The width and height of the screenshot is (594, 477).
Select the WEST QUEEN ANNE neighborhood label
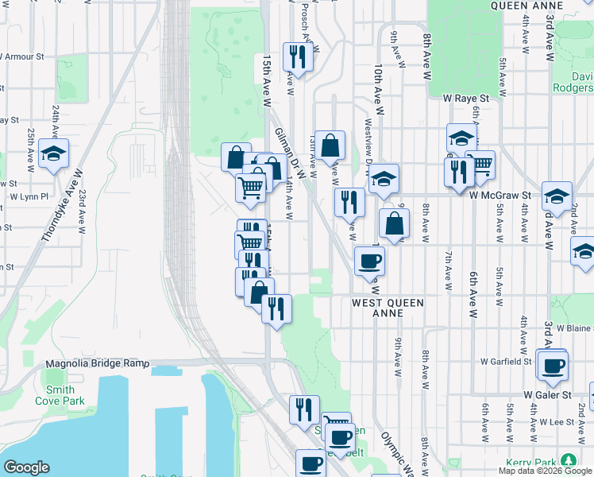pyautogui.click(x=388, y=308)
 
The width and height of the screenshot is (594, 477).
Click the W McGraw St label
pyautogui.click(x=499, y=195)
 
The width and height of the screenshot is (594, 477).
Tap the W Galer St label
pyautogui.click(x=547, y=394)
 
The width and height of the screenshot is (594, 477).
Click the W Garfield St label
pyautogui.click(x=505, y=361)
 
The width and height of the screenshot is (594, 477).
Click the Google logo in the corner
pyautogui.click(x=26, y=467)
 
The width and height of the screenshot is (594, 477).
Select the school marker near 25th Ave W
pyautogui.click(x=53, y=153)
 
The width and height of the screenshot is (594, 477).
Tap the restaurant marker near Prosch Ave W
pyautogui.click(x=298, y=56)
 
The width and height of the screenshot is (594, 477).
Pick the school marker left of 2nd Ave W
pyautogui.click(x=557, y=196)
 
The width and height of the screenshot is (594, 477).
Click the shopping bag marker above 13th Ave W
pyautogui.click(x=330, y=145)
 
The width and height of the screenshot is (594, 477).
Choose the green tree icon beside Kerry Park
pyautogui.click(x=568, y=460)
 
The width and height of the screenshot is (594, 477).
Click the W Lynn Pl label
pyautogui.click(x=29, y=196)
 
